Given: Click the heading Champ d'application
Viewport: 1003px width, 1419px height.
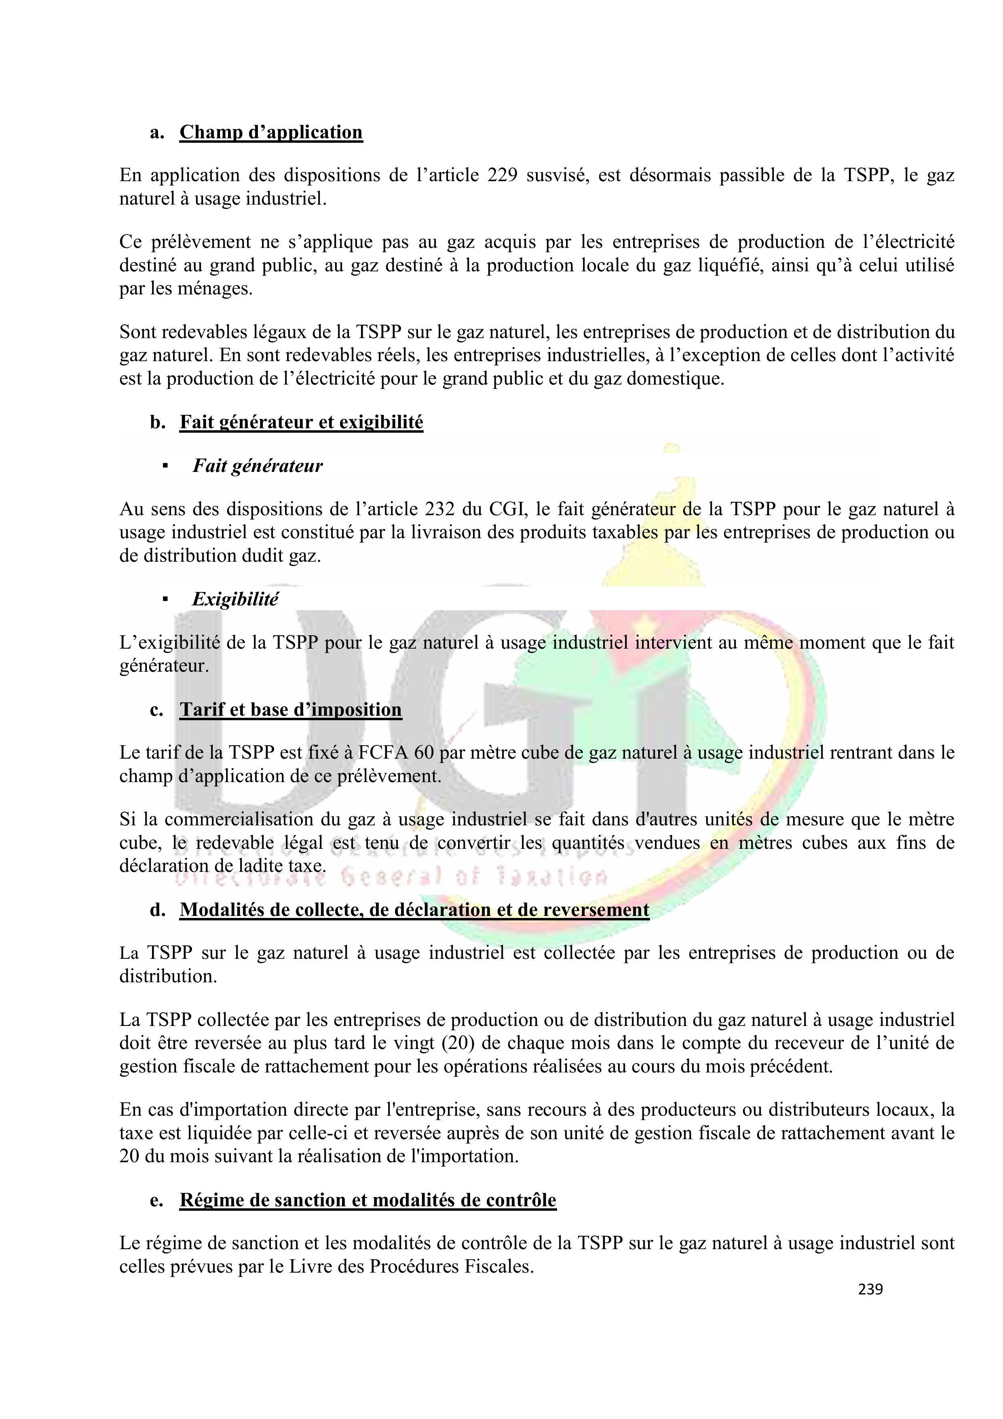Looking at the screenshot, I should point(271,132).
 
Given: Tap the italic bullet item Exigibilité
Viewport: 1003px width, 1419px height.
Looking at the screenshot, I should point(235,599).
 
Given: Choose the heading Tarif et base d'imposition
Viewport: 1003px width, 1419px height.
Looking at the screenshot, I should point(290,709).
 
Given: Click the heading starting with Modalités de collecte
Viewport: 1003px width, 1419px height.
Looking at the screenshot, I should point(414,910).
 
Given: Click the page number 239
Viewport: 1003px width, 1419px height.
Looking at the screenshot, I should point(870,1289).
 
